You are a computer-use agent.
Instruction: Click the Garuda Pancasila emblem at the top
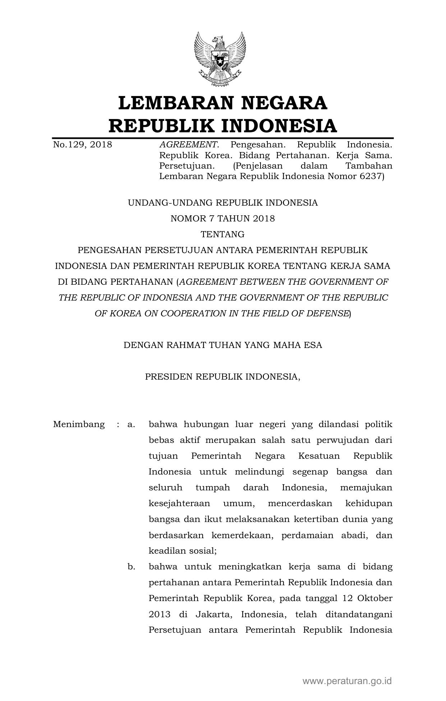(x=220, y=59)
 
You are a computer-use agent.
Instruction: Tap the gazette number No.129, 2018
(x=82, y=145)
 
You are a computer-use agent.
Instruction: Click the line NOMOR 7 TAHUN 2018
(x=222, y=219)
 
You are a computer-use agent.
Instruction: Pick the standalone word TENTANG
(x=222, y=234)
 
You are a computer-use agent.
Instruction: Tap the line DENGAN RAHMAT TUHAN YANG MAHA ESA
(x=222, y=345)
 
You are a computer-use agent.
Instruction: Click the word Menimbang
(x=79, y=424)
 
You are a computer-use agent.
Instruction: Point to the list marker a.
(x=131, y=425)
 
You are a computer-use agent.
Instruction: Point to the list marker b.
(x=131, y=567)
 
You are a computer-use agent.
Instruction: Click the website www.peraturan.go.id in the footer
(x=347, y=681)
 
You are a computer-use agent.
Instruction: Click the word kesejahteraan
(x=179, y=503)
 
